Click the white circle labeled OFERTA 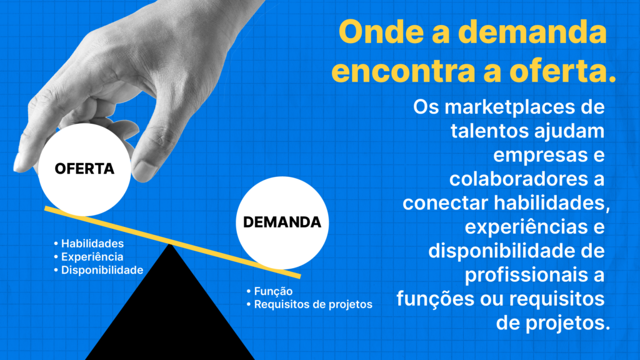(x=84, y=169)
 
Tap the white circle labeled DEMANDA (x=282, y=223)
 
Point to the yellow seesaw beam (x=172, y=242)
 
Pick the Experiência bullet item (x=89, y=257)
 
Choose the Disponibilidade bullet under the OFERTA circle (x=98, y=270)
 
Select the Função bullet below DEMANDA (x=269, y=291)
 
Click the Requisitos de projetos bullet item (x=309, y=304)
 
